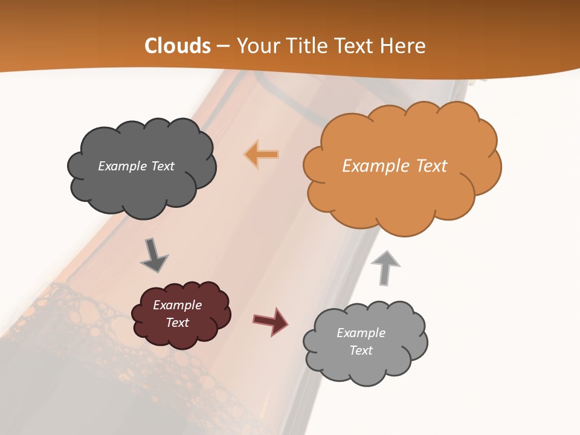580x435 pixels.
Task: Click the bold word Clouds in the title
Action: coord(178,46)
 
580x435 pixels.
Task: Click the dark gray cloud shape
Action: coord(143,181)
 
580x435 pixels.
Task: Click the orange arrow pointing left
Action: coord(262,155)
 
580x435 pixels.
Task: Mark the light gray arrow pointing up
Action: coord(385,266)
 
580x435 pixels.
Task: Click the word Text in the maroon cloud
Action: coord(178,323)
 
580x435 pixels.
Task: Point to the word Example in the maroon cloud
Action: coord(178,305)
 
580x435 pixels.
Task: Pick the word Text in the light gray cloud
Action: coord(361,350)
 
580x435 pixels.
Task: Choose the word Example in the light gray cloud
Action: coord(361,333)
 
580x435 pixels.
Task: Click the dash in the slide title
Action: coord(223,47)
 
